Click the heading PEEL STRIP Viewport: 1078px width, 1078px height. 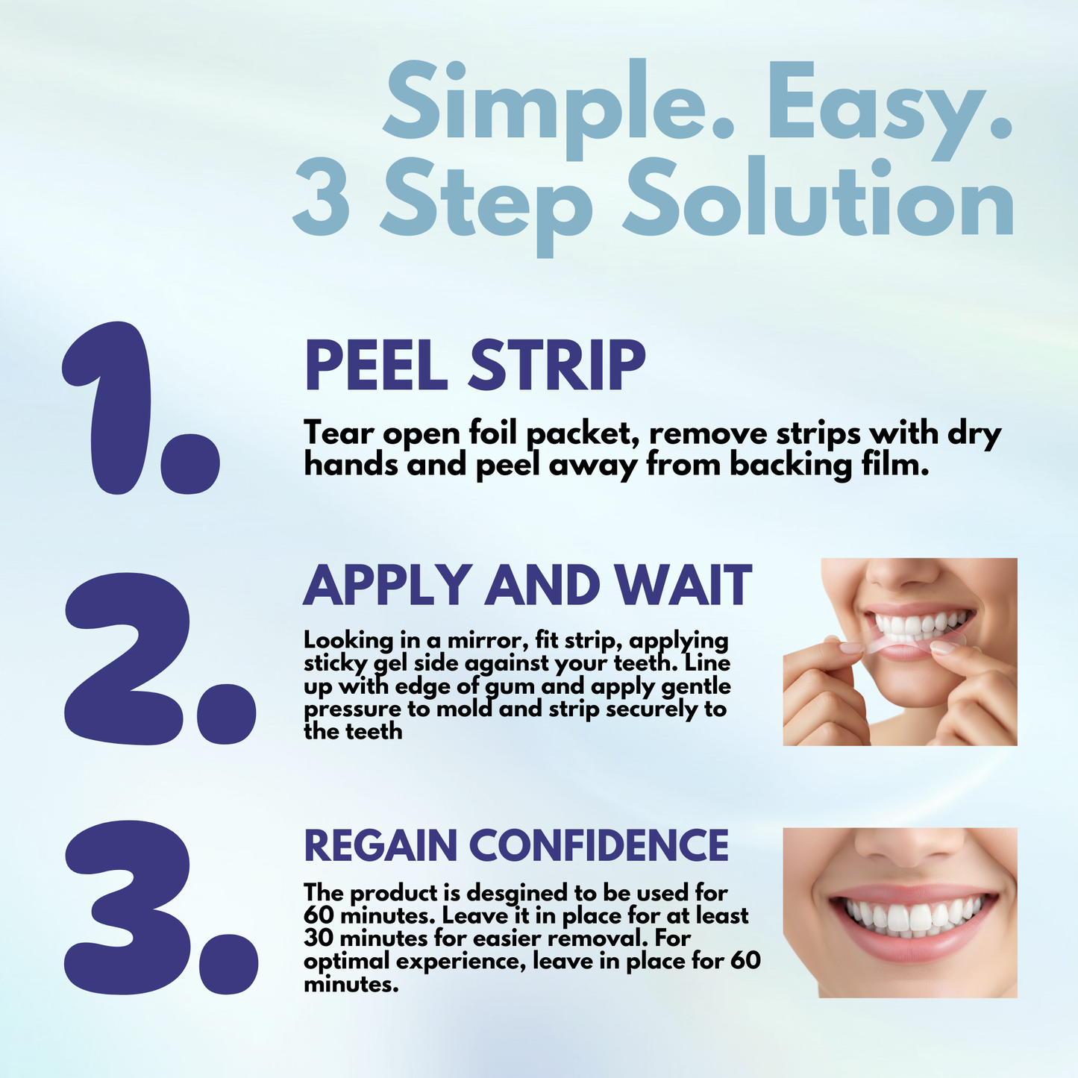coord(474,366)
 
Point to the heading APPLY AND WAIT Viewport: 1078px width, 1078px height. coord(527,586)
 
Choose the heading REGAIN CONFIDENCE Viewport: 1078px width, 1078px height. coord(516,845)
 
